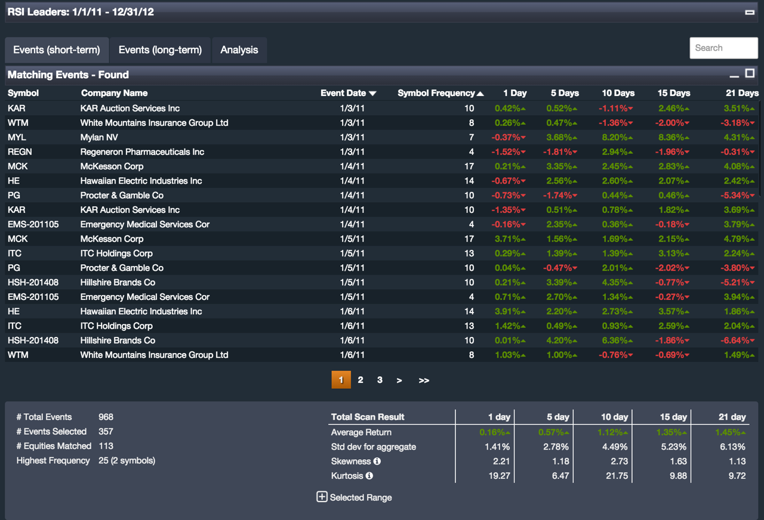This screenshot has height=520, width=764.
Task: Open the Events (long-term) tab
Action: point(160,50)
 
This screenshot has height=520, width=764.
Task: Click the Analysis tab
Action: point(239,50)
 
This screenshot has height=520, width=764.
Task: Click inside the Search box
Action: point(723,48)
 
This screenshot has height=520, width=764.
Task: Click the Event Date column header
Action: point(348,93)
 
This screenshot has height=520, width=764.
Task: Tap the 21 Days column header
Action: point(741,93)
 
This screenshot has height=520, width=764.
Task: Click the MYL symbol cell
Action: point(17,137)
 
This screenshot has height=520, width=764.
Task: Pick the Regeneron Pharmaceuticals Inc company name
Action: point(142,152)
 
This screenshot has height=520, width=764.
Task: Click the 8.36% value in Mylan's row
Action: point(671,137)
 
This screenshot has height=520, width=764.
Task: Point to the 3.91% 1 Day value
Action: point(507,311)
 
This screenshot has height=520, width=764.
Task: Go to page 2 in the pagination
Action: point(361,380)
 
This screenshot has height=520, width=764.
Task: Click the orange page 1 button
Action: point(341,380)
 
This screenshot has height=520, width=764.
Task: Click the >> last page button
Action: point(424,380)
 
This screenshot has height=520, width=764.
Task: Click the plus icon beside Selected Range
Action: point(322,497)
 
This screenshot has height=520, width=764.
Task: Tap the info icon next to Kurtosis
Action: point(369,476)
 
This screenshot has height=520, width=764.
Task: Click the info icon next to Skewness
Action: point(377,461)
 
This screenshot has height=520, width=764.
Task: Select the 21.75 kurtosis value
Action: point(616,476)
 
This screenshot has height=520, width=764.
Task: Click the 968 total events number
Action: point(106,417)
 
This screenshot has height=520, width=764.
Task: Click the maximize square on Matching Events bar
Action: point(750,73)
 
